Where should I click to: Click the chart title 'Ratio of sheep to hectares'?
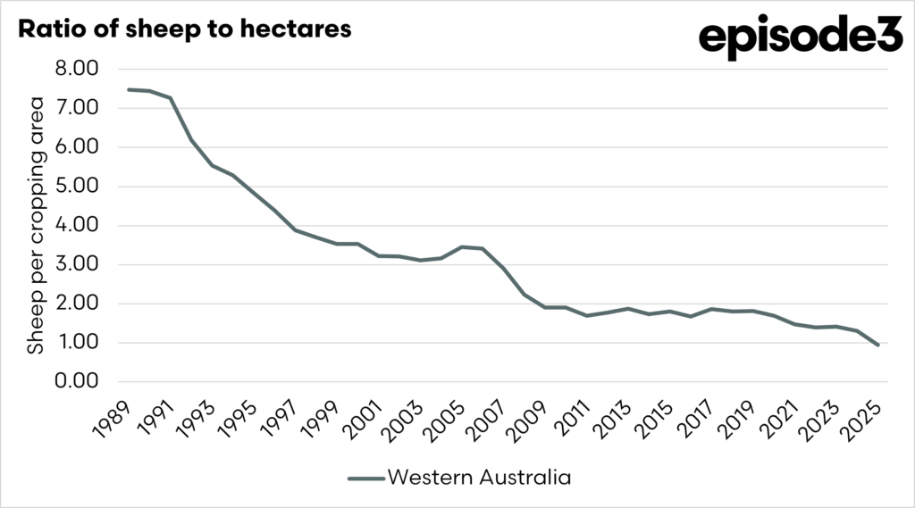tap(185, 29)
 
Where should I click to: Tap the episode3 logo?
tap(800, 37)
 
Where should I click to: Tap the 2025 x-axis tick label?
tap(863, 418)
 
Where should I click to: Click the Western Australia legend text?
tap(478, 478)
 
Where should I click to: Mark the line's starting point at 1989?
tap(129, 89)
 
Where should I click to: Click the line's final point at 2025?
tap(878, 345)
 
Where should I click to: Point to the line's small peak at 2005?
tap(462, 246)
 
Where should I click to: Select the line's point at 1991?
tap(171, 98)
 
